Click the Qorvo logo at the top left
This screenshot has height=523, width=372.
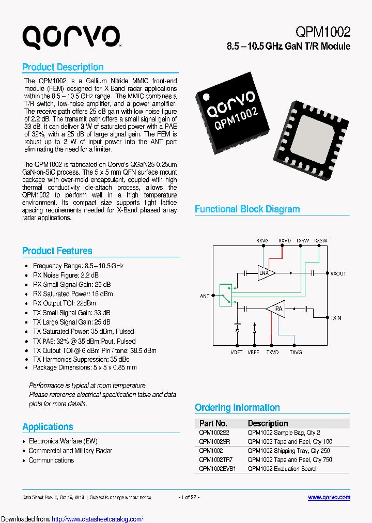[71, 38]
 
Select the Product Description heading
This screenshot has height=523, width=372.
[63, 67]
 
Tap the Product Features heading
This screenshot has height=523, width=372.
[57, 251]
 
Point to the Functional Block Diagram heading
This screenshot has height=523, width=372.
[247, 209]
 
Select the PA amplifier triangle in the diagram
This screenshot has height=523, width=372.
[277, 309]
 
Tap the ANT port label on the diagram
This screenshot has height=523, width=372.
[205, 296]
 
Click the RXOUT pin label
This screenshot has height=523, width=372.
[338, 273]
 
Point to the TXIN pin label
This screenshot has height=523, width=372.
[336, 318]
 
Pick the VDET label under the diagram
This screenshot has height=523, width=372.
[237, 352]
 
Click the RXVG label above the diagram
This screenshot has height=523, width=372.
[262, 240]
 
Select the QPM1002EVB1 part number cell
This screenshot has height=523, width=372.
[217, 469]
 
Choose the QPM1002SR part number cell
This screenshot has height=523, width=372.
[214, 441]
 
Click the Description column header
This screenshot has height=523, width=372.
[268, 423]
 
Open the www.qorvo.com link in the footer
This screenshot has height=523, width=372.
[329, 497]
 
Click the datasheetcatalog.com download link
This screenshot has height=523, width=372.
[98, 519]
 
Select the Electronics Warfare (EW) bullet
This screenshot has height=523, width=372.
[63, 441]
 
